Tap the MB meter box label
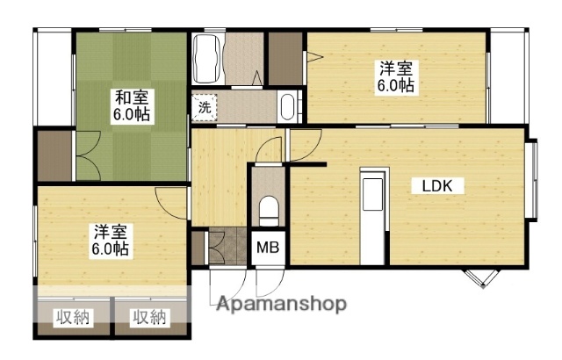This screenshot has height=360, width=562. point(268,248)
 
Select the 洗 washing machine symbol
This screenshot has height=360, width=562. point(204,108)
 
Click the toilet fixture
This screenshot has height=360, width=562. point(270,212)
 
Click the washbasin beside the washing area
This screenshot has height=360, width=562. point(287,107)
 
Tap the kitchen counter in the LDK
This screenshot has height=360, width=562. point(372,216)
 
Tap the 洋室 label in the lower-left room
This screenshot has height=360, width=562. point(112,232)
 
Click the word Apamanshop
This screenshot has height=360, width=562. point(281,305)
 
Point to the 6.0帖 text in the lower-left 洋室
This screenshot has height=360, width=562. point(112,249)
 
